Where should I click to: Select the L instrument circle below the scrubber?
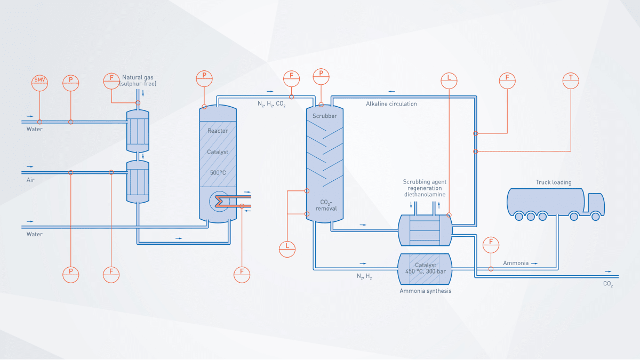[x=287, y=247]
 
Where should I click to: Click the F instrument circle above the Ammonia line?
[x=491, y=245]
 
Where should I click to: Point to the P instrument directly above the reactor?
[x=205, y=78]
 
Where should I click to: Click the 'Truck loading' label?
[x=553, y=182]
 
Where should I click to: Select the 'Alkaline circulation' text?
[x=391, y=104]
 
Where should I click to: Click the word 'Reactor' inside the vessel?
[x=218, y=131]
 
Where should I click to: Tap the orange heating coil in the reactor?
[x=222, y=201]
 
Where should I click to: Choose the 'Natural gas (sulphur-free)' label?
[x=139, y=81]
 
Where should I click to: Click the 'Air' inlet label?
[x=30, y=180]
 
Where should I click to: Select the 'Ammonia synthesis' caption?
[x=425, y=291]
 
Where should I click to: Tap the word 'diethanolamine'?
[x=425, y=195]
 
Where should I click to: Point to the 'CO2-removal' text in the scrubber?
[x=325, y=205]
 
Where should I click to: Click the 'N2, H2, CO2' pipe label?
[x=271, y=105]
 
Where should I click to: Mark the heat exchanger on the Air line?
[x=138, y=182]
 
